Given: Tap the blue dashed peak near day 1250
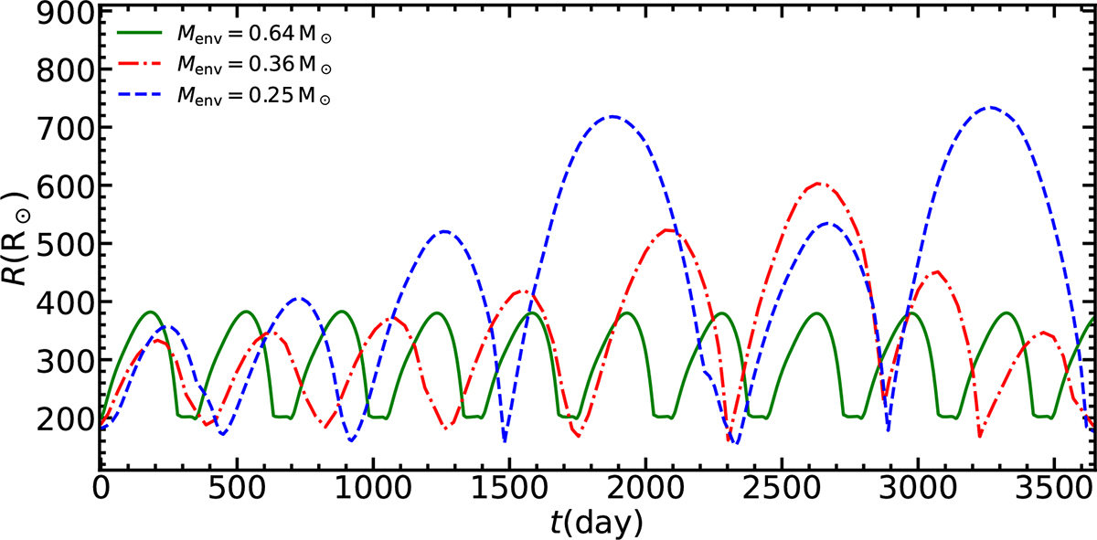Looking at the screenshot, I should coord(444,231).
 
